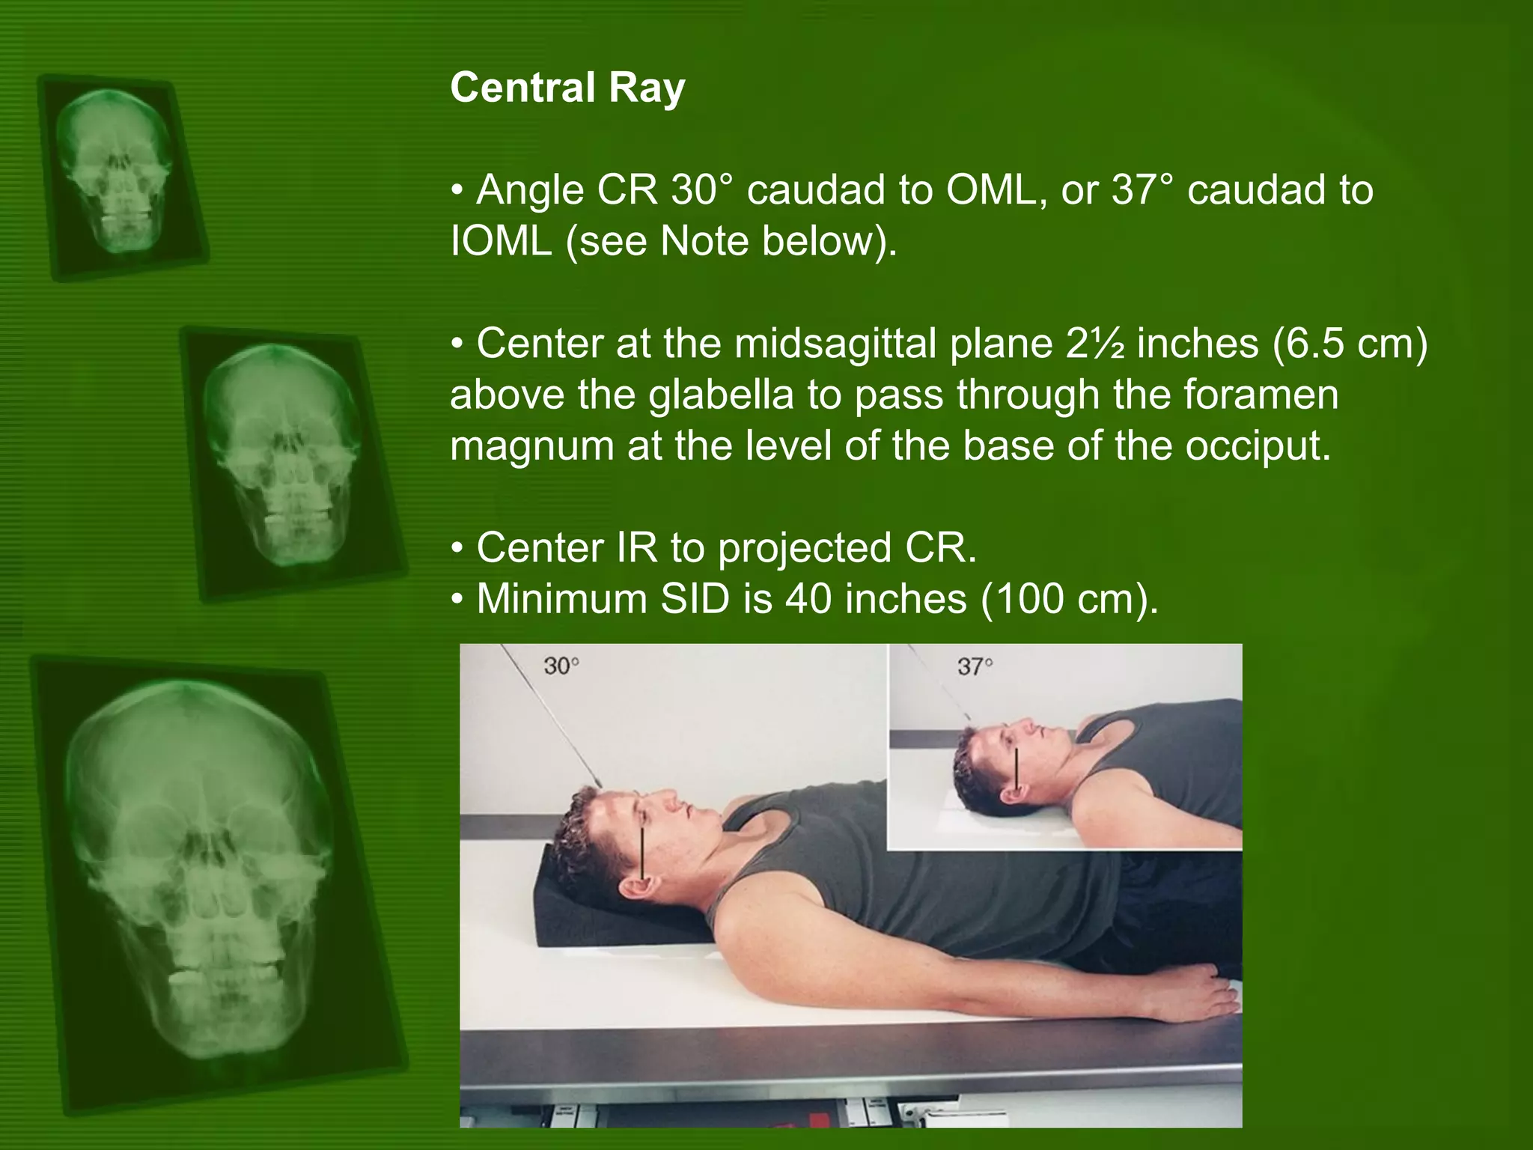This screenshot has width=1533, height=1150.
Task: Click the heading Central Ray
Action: pos(567,88)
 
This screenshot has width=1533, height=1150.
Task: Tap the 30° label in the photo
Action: pos(561,666)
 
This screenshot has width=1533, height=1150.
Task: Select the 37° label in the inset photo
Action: pos(975,666)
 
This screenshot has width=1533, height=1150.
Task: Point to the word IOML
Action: pos(501,242)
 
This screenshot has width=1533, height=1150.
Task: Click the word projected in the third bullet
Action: pos(805,549)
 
